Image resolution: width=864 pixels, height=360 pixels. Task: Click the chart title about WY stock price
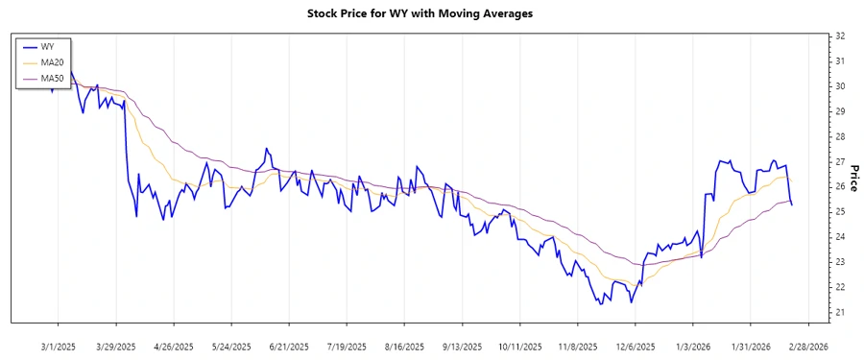click(x=432, y=14)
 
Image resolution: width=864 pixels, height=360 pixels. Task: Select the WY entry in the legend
click(x=47, y=46)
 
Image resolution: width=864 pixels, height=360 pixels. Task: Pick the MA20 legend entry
click(x=52, y=61)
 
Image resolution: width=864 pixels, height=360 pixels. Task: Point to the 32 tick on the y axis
click(x=839, y=36)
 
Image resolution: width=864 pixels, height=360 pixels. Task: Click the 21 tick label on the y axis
click(x=839, y=312)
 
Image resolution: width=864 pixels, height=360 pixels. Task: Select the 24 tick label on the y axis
click(x=839, y=237)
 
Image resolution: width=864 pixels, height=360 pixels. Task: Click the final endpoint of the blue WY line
click(x=792, y=204)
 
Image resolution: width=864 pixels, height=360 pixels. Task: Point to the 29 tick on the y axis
click(x=839, y=111)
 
